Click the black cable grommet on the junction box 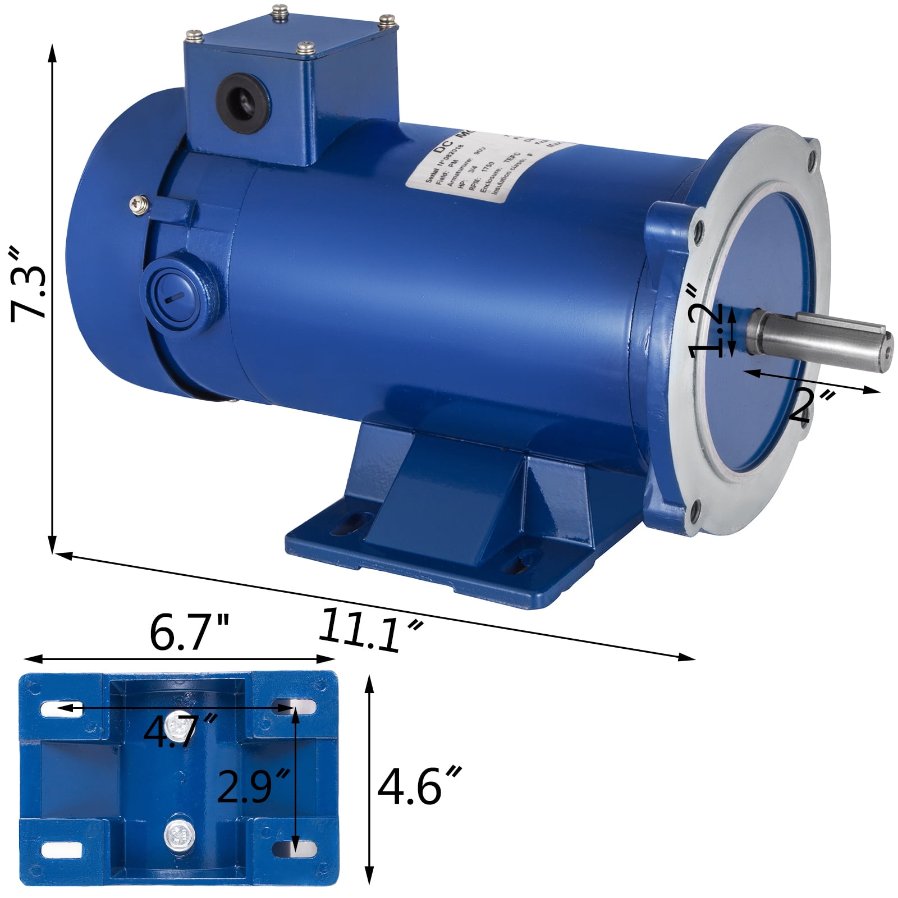tap(243, 96)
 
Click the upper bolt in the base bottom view tap(178, 726)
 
